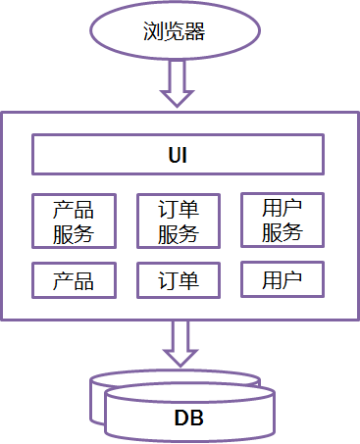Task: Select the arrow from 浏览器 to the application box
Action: click(x=179, y=82)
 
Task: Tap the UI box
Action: click(x=179, y=155)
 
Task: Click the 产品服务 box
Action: click(x=74, y=222)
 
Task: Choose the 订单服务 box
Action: click(x=179, y=222)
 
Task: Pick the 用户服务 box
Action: click(x=283, y=221)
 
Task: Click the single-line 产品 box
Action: click(x=74, y=280)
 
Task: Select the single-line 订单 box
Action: click(x=179, y=280)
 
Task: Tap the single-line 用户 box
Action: click(x=283, y=279)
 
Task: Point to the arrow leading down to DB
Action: click(x=179, y=343)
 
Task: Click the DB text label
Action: click(x=188, y=419)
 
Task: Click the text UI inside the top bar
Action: click(x=179, y=155)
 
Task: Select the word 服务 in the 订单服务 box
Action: click(x=179, y=233)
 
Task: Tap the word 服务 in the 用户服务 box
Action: click(x=283, y=232)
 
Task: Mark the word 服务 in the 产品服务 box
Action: click(x=74, y=233)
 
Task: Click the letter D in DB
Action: click(x=181, y=419)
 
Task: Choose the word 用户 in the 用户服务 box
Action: click(x=283, y=208)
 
